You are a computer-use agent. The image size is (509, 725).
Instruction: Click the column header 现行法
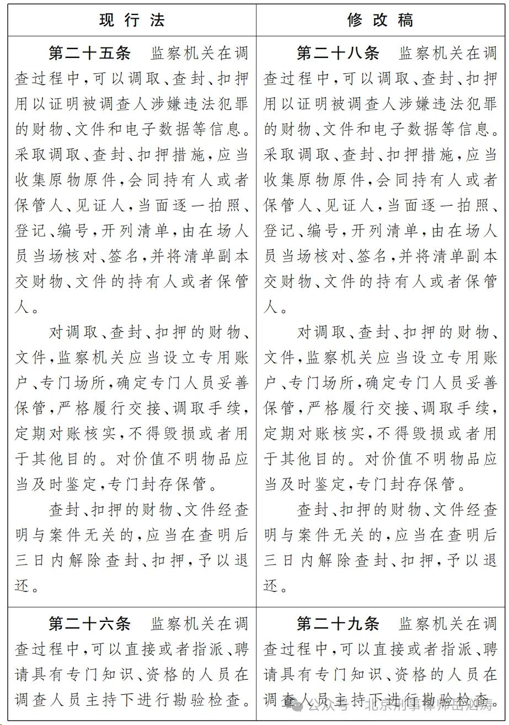click(132, 20)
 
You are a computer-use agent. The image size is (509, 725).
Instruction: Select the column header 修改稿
click(380, 20)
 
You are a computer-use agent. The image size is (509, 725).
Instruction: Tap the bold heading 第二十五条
click(90, 53)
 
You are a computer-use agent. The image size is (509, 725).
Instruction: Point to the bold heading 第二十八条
click(338, 53)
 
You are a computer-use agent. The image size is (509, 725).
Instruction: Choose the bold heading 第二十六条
click(90, 624)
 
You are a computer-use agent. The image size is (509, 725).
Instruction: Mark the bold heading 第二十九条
click(338, 624)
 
